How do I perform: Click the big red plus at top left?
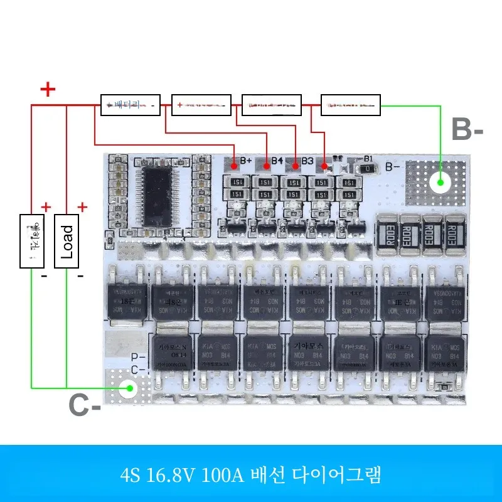pos(48,90)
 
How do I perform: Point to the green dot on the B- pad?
pos(441,183)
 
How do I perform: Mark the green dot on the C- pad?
pos(129,388)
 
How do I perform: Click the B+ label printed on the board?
pos(246,161)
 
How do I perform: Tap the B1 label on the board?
pos(368,159)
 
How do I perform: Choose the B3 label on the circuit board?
pos(307,161)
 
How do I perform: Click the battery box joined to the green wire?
pos(351,105)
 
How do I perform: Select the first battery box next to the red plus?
pos(131,105)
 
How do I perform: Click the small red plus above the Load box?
pos(82,207)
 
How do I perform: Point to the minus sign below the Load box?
pos(80,275)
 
